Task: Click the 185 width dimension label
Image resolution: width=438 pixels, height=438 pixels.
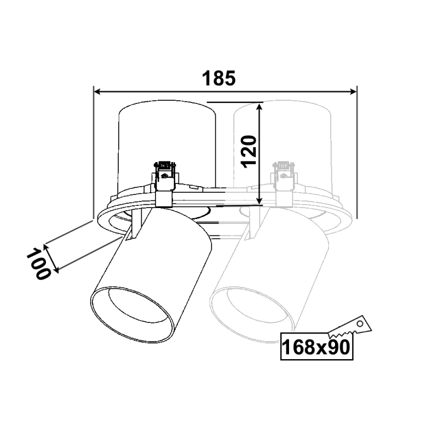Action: click(x=218, y=78)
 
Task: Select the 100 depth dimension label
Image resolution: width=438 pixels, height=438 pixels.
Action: click(x=39, y=264)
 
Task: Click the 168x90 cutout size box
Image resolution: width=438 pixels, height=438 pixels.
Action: click(x=316, y=347)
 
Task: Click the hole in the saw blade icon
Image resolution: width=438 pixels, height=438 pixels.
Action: click(x=360, y=324)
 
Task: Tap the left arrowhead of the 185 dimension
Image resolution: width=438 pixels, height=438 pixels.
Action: click(x=97, y=91)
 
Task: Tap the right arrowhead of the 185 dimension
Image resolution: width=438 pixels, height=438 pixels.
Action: click(x=353, y=91)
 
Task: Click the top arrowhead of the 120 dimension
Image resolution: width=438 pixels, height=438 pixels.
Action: click(x=260, y=107)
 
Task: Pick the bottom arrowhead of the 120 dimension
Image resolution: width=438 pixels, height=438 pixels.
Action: click(x=260, y=200)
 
